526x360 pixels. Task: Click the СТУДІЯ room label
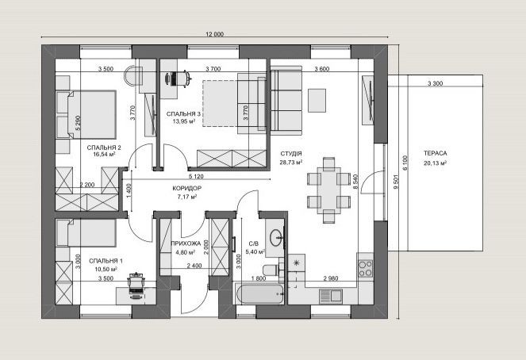pos(291,154)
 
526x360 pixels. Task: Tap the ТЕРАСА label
pos(435,154)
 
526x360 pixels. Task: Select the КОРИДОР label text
pos(187,189)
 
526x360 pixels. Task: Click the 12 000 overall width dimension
pos(214,34)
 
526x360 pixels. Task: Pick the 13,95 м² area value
pos(184,121)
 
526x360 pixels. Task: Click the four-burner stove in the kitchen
pos(366,269)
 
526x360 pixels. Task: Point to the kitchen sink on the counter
pos(330,296)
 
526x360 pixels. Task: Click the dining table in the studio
pos(328,190)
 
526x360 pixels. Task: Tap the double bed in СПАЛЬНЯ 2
pos(86,114)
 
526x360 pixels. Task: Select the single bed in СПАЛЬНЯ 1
pos(86,233)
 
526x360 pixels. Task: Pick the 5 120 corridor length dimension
pos(196,176)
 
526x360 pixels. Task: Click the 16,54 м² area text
pos(105,155)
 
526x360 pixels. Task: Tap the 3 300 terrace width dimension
pos(435,83)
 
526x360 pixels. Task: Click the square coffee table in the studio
pos(317,100)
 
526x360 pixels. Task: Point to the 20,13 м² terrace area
pos(435,163)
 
